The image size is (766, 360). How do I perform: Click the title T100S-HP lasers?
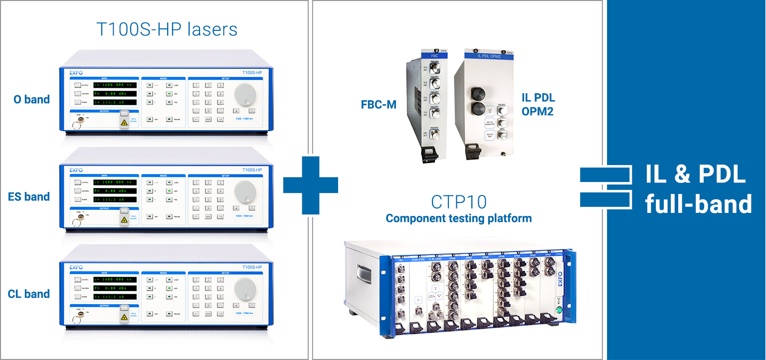pos(167,29)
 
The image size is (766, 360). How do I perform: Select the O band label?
pos(31,99)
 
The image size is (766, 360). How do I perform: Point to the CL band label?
pos(29,294)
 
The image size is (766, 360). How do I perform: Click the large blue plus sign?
pos(310,185)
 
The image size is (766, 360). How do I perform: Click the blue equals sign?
pos(605,186)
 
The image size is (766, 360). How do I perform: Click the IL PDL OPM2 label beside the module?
pos(538,104)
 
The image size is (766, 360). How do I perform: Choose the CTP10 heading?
pos(458,202)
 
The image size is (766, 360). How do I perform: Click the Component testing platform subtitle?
pos(458,218)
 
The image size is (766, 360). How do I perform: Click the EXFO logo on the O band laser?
pos(76,73)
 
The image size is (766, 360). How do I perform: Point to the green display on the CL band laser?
pos(115,288)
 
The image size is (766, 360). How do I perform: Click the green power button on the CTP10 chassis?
pos(559,310)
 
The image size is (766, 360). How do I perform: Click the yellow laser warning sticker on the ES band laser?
pos(123,219)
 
